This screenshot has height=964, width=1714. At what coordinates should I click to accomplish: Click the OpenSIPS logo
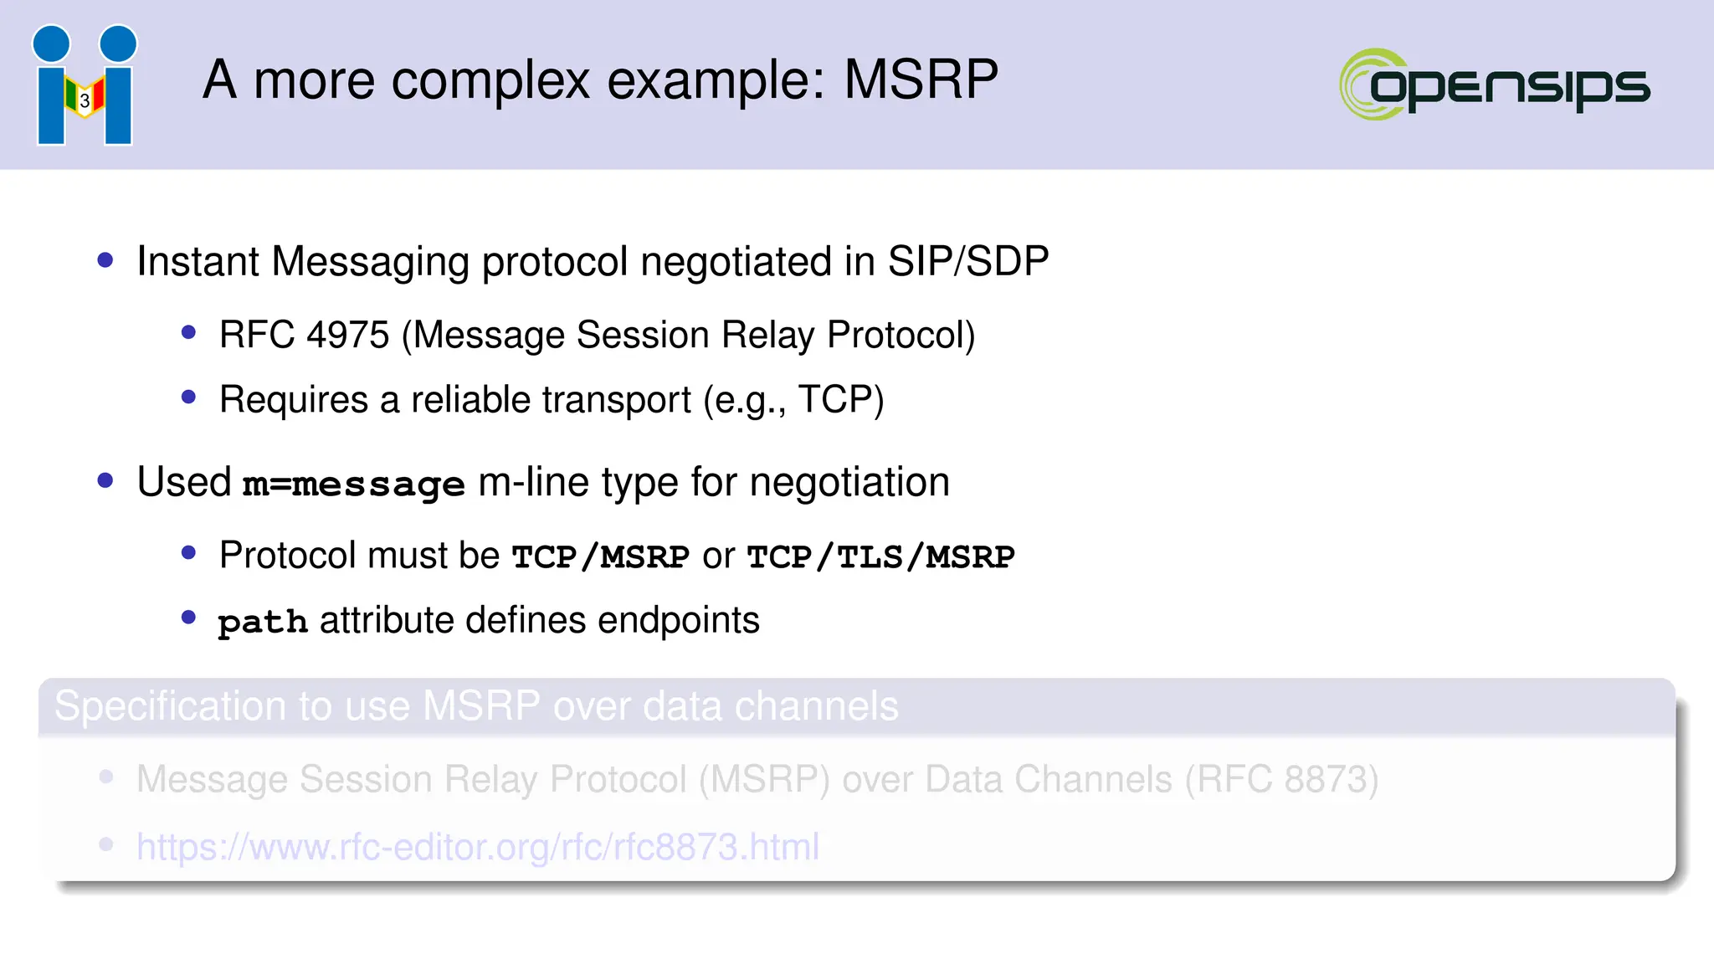1495,85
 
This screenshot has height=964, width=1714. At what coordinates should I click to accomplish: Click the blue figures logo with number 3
85,85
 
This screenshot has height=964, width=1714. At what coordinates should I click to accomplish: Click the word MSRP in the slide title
921,80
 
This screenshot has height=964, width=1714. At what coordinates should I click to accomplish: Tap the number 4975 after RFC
348,335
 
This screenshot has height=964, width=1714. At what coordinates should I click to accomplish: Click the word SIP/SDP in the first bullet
967,261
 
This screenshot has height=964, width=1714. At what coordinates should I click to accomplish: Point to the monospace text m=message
353,484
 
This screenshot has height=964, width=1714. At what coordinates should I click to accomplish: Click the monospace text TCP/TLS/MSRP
880,556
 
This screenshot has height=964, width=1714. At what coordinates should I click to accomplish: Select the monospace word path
263,622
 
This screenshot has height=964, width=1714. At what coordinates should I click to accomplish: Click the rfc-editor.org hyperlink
478,847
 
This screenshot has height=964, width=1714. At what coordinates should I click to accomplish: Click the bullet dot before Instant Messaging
105,260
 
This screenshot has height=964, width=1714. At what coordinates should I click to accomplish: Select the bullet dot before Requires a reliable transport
188,397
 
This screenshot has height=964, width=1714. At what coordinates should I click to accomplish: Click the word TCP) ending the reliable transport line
840,399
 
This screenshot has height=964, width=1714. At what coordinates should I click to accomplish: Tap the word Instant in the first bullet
198,261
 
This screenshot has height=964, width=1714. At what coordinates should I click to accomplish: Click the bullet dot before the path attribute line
188,618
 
